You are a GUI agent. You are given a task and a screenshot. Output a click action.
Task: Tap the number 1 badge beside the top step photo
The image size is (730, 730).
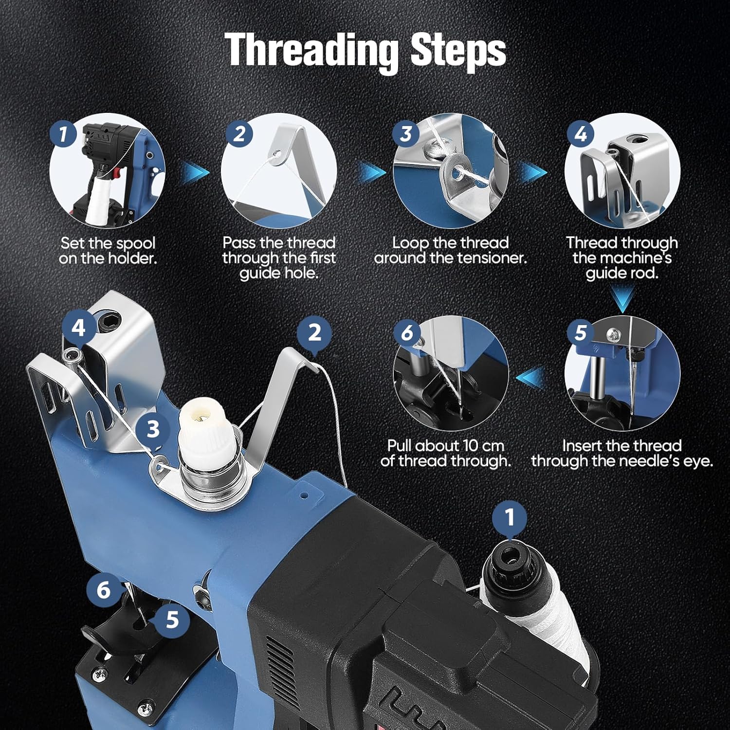(x=64, y=133)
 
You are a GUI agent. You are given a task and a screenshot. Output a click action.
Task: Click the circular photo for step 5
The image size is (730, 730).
(x=622, y=373)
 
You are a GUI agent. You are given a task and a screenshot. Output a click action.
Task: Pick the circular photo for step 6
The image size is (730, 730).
(x=451, y=373)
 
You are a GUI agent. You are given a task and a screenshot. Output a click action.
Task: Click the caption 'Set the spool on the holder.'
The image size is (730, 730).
(x=108, y=250)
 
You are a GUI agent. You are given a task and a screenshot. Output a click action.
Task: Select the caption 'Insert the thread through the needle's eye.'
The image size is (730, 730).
(x=622, y=453)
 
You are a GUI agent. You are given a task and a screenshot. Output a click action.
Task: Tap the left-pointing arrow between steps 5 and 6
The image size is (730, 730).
(x=530, y=379)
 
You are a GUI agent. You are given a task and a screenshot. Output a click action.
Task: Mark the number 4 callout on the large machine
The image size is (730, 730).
(x=79, y=328)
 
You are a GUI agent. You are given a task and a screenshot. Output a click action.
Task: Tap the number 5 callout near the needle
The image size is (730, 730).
(x=172, y=620)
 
